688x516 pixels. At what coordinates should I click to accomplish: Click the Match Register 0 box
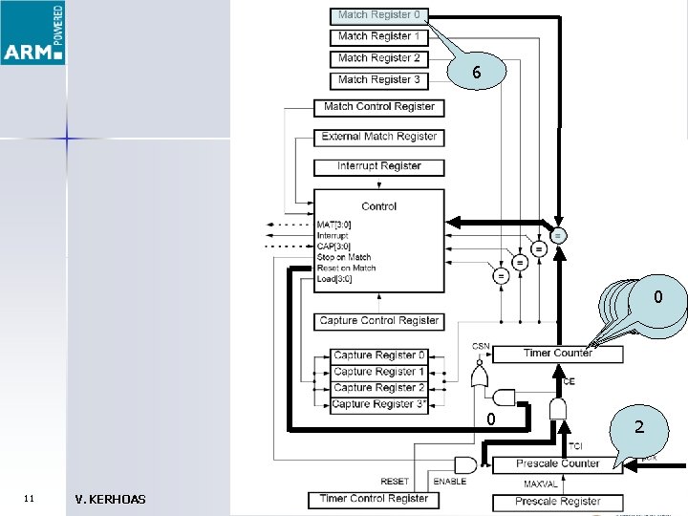(x=378, y=15)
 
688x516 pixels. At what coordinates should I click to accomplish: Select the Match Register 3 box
(x=378, y=80)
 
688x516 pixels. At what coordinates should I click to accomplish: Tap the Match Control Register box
(x=378, y=107)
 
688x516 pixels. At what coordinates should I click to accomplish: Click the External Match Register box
(x=378, y=137)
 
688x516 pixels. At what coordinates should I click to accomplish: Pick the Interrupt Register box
(x=378, y=166)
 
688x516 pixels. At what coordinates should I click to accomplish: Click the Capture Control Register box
(x=378, y=321)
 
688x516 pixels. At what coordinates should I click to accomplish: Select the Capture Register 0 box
(x=378, y=355)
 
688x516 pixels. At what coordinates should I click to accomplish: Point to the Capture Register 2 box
(x=378, y=388)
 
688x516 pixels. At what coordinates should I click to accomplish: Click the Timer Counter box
(x=558, y=354)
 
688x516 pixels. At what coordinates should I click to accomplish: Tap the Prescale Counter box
(x=557, y=464)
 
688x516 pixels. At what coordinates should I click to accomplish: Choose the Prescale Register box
(x=557, y=502)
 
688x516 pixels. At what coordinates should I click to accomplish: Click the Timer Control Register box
(x=374, y=499)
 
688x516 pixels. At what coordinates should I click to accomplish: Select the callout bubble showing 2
(x=639, y=429)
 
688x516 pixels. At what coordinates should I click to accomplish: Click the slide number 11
(x=29, y=499)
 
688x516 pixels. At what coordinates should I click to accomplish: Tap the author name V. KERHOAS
(x=110, y=499)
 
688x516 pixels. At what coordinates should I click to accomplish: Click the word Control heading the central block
(x=378, y=206)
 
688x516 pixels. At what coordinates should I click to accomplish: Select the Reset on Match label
(x=346, y=269)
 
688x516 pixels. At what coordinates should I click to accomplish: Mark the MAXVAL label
(x=540, y=484)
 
